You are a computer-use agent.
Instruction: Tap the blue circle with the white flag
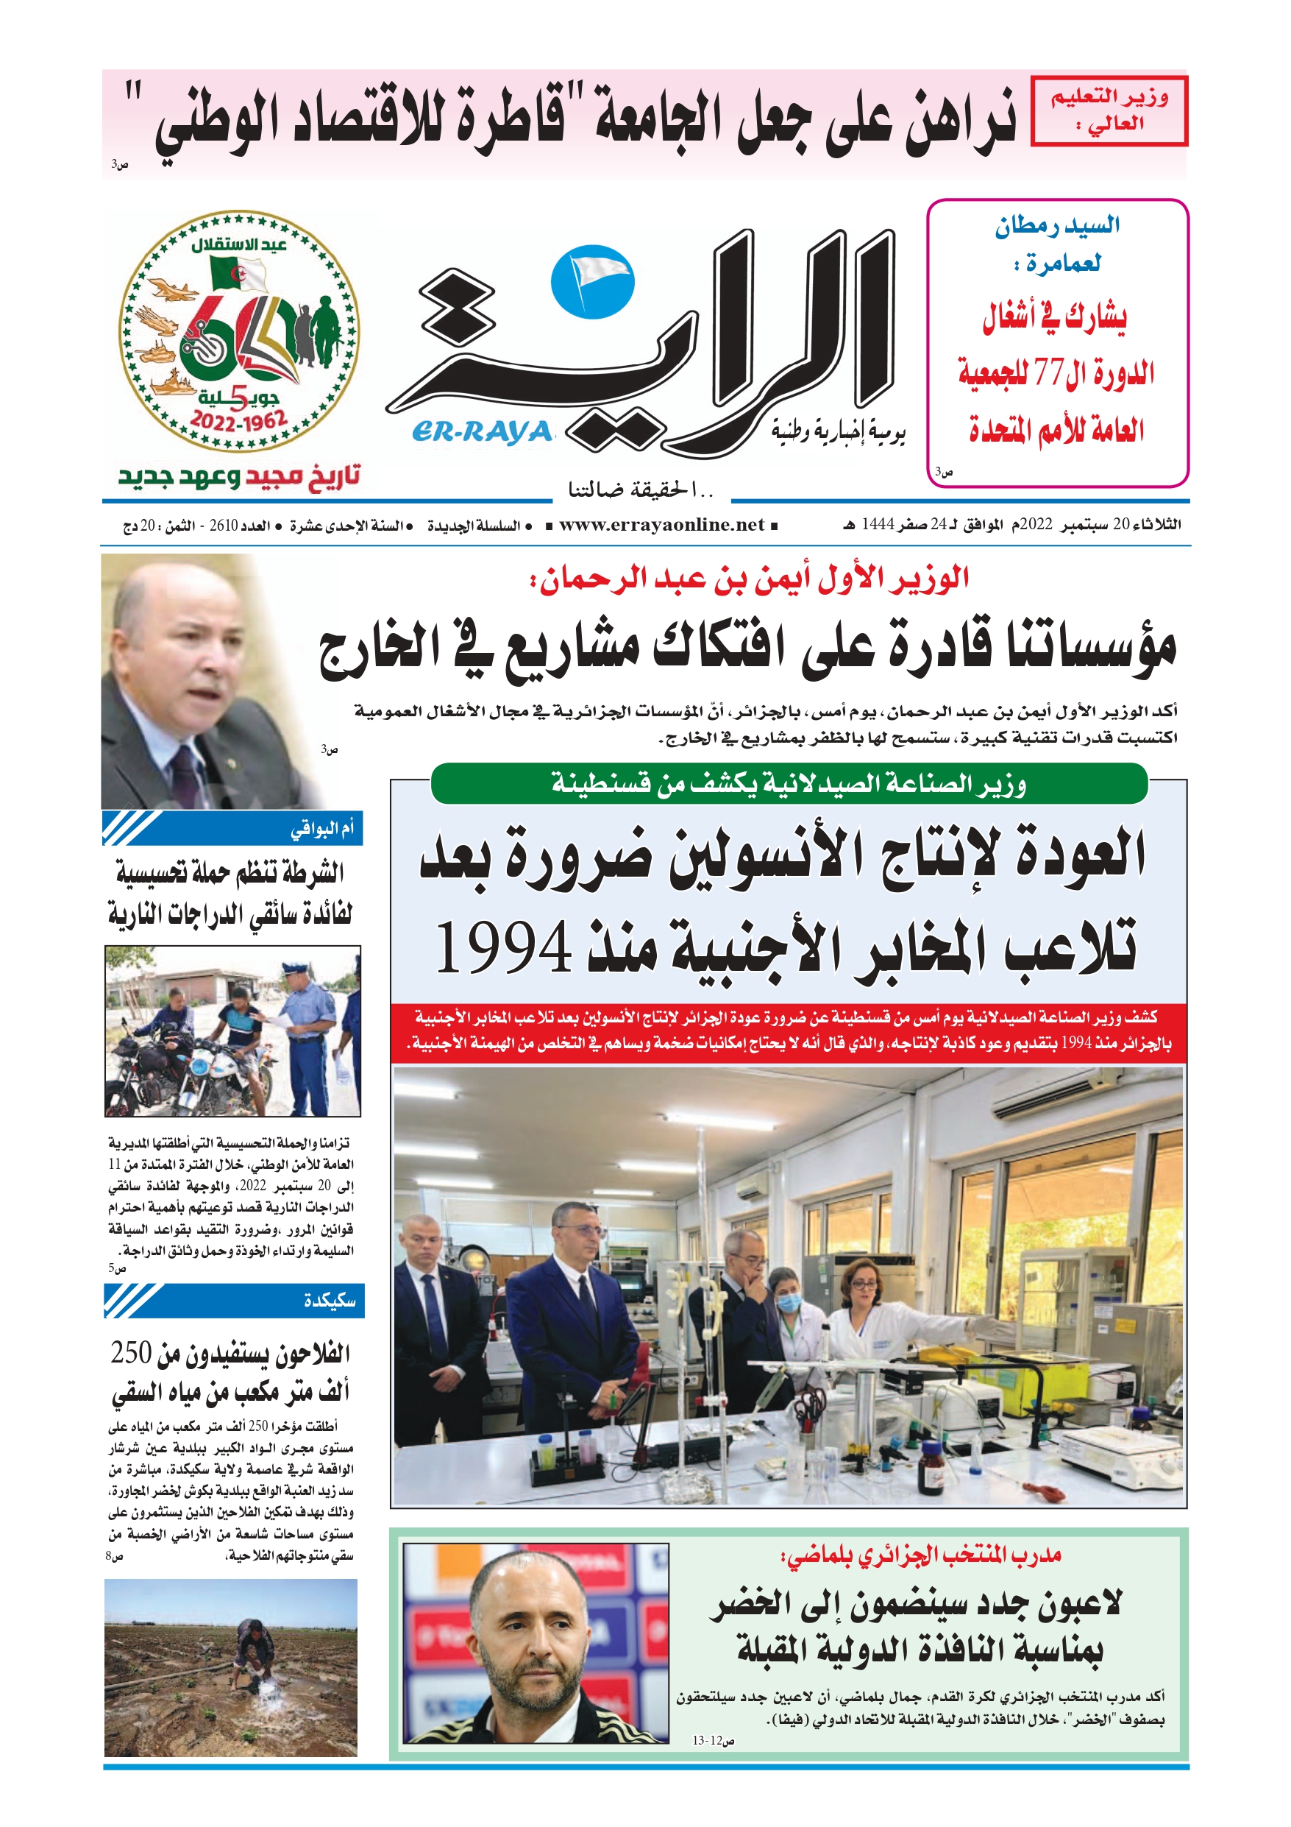click(x=593, y=281)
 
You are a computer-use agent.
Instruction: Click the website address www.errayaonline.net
click(x=661, y=525)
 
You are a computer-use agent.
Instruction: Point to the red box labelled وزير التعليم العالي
click(x=1108, y=111)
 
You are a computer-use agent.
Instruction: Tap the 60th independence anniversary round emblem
click(x=239, y=331)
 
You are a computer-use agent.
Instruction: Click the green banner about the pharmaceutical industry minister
click(x=789, y=784)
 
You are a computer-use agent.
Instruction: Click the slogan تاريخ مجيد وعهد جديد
click(x=239, y=477)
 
